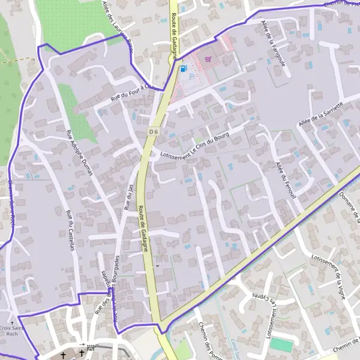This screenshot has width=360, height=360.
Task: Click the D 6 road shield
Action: point(155,131)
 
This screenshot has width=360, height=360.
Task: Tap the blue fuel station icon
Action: point(182,69)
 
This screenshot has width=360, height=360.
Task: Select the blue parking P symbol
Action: point(192,76)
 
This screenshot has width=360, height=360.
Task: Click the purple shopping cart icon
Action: point(208,59)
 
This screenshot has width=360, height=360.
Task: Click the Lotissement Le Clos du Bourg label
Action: point(195,146)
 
